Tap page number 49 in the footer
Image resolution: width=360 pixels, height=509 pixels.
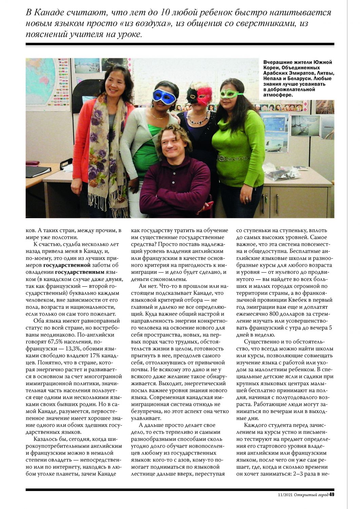pyautogui.click(x=332, y=494)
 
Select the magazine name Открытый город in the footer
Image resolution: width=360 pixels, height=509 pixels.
pyautogui.click(x=311, y=495)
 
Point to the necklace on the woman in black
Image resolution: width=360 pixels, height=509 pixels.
pyautogui.click(x=197, y=119)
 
